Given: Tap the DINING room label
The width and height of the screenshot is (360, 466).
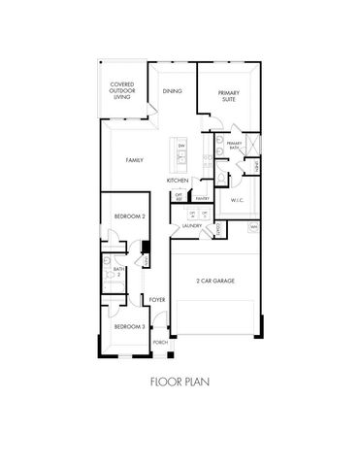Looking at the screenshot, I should coord(173,90).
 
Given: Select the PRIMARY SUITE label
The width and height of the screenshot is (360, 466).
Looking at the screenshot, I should coord(229,96).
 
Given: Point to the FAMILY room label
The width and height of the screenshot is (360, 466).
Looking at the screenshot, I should coord(135,158).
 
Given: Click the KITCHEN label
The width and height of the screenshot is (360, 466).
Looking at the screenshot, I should coord(177,181).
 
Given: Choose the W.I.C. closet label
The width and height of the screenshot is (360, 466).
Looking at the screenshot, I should coord(236,200).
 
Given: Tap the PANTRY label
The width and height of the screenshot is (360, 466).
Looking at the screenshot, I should coord(203,198).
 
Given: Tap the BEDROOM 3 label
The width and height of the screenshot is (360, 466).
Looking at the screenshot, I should coord(128,327).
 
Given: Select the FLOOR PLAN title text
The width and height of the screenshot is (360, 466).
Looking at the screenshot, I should coord(180,383).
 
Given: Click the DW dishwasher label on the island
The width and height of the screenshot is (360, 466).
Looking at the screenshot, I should coord(180,145).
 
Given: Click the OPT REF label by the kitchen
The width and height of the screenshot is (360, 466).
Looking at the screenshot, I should coord(180,198).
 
